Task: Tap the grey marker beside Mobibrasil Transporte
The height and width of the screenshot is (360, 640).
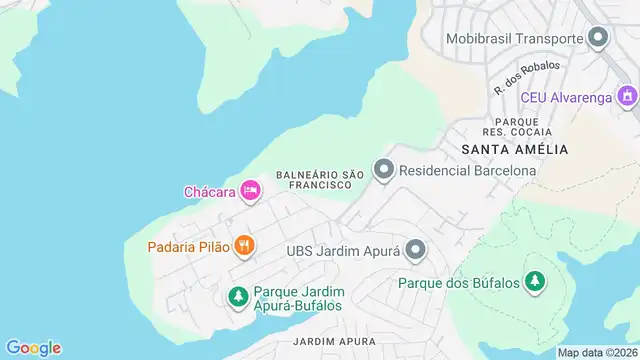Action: pyautogui.click(x=599, y=39)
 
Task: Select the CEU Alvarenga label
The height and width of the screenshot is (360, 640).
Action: pyautogui.click(x=566, y=97)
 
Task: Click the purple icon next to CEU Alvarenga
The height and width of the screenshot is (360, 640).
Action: pyautogui.click(x=627, y=97)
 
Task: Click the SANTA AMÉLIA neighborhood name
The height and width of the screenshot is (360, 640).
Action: pyautogui.click(x=515, y=149)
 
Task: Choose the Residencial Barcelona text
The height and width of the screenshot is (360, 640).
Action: pyautogui.click(x=467, y=170)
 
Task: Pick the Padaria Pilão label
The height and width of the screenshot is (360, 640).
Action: pyautogui.click(x=189, y=245)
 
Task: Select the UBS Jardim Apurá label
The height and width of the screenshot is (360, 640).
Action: pyautogui.click(x=343, y=250)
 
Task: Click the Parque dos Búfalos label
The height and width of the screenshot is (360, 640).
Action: pyautogui.click(x=459, y=282)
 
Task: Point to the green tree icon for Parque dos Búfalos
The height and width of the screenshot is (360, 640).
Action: pyautogui.click(x=536, y=281)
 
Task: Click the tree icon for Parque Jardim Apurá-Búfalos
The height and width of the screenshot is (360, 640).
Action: pyautogui.click(x=238, y=296)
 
